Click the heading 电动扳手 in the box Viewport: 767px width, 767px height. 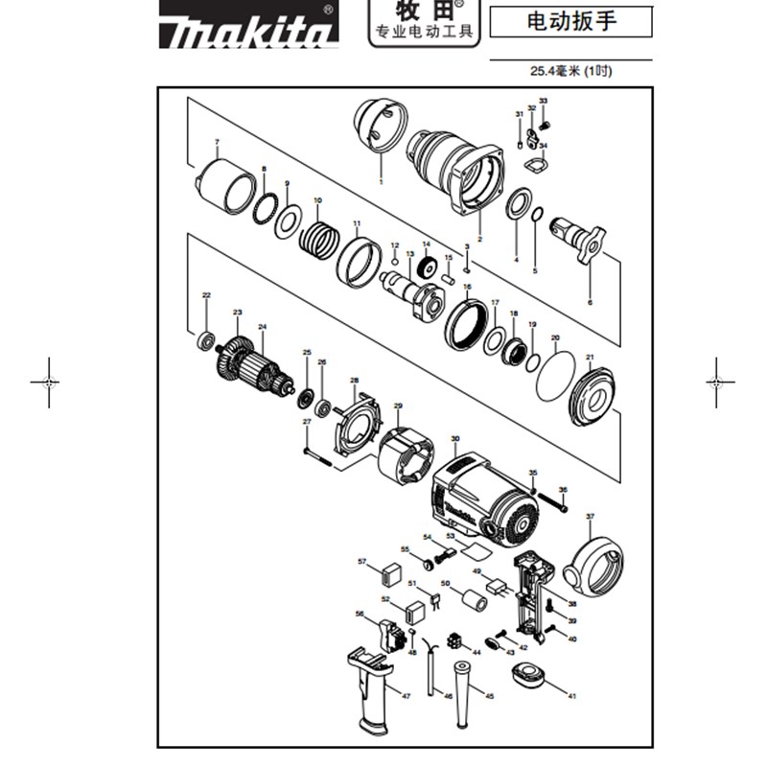tap(569, 21)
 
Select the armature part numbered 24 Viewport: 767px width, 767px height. tap(259, 367)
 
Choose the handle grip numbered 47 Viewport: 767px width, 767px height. tap(376, 688)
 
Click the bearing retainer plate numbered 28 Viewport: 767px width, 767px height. tap(358, 421)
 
